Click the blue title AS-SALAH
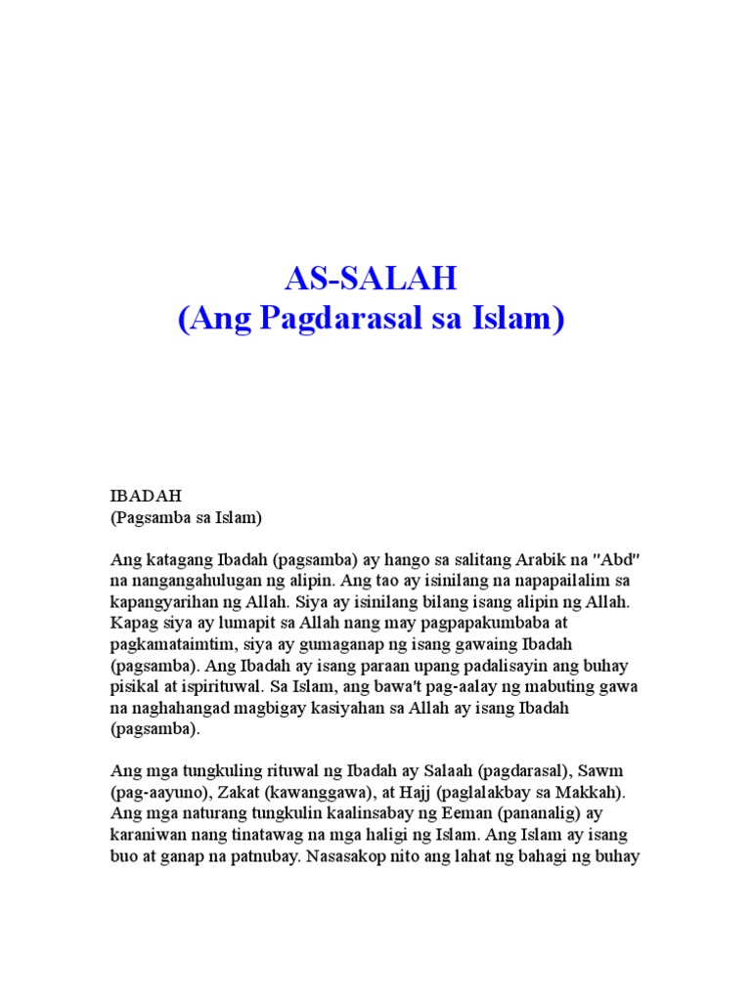(x=371, y=280)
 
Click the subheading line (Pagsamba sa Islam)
(x=186, y=517)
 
